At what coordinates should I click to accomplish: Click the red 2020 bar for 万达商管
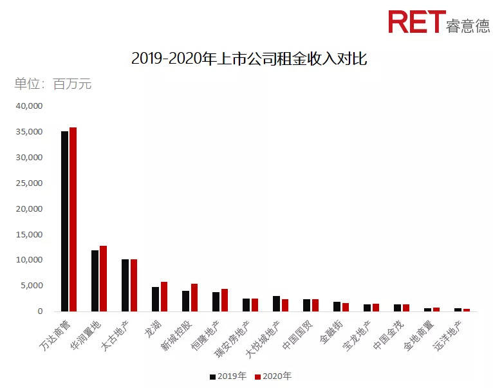click(73, 219)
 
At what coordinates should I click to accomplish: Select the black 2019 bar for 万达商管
click(64, 221)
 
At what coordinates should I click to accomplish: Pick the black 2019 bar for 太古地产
click(125, 285)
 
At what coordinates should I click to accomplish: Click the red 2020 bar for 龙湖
click(164, 297)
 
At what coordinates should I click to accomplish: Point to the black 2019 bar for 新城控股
click(185, 301)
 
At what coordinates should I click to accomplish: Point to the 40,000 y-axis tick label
click(28, 106)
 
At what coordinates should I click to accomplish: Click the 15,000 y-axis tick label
click(28, 234)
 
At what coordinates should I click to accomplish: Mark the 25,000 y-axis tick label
click(28, 183)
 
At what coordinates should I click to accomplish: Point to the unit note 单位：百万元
click(53, 84)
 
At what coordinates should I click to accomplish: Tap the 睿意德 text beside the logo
click(467, 24)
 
